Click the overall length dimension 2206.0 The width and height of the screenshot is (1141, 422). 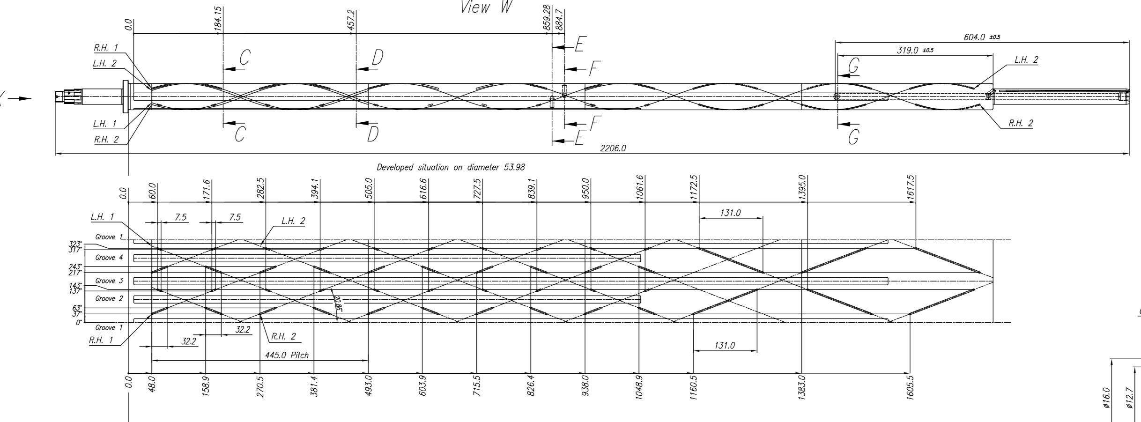point(613,148)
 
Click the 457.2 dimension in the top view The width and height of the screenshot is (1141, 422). point(350,20)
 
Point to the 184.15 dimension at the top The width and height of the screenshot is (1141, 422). point(218,20)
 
